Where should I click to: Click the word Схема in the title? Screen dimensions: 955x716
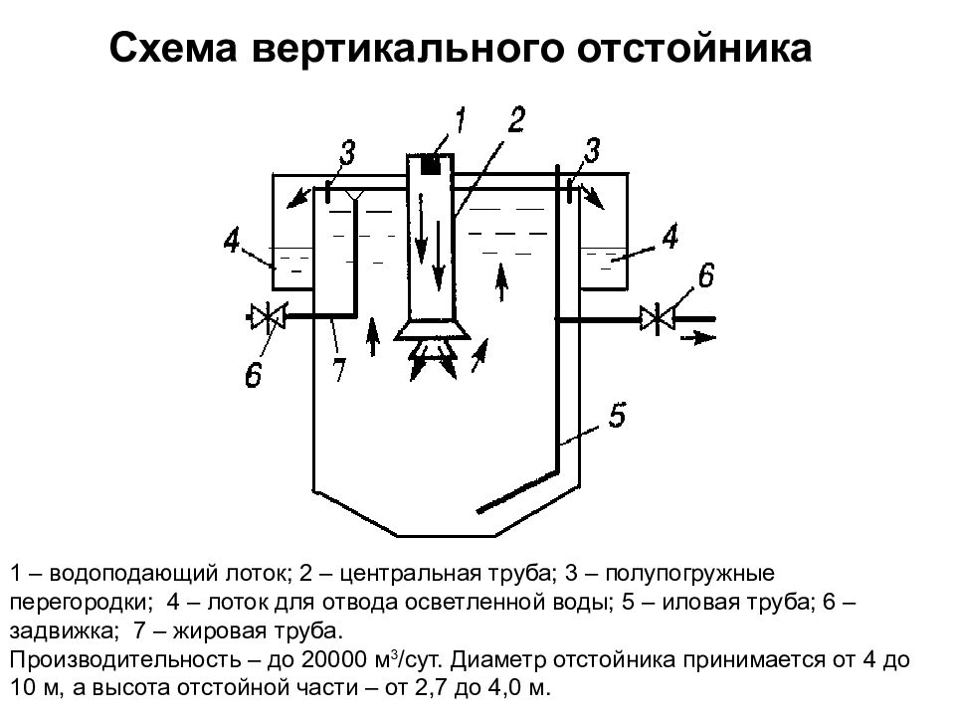(x=173, y=48)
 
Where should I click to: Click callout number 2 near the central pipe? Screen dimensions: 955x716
(x=515, y=119)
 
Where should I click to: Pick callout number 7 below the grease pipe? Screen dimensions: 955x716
(x=338, y=369)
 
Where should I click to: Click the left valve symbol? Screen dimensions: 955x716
(x=268, y=316)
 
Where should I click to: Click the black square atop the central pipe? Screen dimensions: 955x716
(x=431, y=164)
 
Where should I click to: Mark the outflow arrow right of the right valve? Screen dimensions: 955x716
(x=698, y=336)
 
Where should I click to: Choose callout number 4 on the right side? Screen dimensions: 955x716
(x=669, y=237)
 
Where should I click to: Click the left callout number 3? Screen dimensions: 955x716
(x=347, y=153)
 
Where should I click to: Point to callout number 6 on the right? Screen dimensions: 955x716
(x=705, y=275)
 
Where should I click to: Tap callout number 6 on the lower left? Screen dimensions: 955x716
(x=254, y=375)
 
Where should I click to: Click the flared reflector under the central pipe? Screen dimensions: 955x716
(x=433, y=329)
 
